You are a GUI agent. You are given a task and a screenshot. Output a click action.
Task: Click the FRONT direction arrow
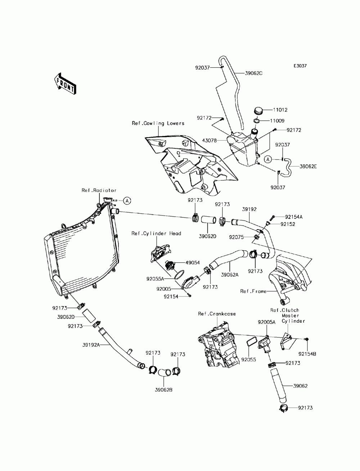65,84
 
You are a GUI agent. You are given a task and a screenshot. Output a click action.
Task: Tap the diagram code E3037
300,66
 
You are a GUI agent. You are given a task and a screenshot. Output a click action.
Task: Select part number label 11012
280,110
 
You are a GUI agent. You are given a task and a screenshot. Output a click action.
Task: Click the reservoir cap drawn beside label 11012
258,111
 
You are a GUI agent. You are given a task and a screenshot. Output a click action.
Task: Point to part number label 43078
209,141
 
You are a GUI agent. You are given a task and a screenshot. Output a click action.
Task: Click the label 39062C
253,73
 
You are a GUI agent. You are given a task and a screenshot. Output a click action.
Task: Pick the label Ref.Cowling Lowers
158,123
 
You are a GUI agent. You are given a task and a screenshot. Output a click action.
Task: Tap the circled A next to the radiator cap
127,201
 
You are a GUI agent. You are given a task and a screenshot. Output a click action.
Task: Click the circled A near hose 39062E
268,159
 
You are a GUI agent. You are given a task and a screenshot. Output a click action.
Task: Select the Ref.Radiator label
99,190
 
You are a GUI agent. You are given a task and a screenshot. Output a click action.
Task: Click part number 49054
192,263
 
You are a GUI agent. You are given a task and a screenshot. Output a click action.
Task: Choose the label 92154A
294,217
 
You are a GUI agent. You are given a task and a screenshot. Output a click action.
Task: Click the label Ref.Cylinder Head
156,234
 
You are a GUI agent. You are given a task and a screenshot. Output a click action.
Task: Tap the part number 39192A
91,345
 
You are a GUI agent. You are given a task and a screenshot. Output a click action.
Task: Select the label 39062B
163,390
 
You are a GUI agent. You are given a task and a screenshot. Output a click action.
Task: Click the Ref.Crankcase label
217,314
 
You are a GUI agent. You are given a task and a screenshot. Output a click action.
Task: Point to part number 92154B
307,354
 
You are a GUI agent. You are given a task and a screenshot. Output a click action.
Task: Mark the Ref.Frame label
253,291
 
